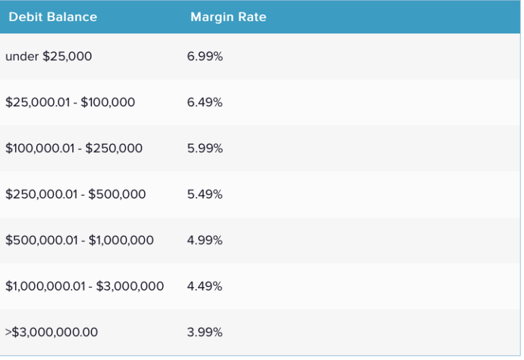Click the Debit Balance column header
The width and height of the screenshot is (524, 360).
pyautogui.click(x=53, y=17)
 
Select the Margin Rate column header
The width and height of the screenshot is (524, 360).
pyautogui.click(x=228, y=17)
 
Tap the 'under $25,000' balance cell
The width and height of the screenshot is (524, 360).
pyautogui.click(x=48, y=57)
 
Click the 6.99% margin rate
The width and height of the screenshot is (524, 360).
pyautogui.click(x=205, y=57)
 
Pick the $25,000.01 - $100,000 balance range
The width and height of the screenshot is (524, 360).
pyautogui.click(x=70, y=102)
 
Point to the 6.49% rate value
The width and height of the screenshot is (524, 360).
pyautogui.click(x=205, y=102)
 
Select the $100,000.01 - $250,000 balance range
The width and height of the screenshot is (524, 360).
pyautogui.click(x=74, y=148)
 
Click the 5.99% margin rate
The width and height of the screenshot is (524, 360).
pyautogui.click(x=205, y=148)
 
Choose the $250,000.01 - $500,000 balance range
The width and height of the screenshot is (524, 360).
pyautogui.click(x=76, y=194)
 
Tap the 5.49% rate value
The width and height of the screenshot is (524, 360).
pyautogui.click(x=205, y=194)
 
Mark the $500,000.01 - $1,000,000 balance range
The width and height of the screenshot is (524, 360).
pyautogui.click(x=80, y=240)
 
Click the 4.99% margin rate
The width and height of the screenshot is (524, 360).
pyautogui.click(x=205, y=240)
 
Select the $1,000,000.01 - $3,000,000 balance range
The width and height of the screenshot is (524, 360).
pyautogui.click(x=85, y=286)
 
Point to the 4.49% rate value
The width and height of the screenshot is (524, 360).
pyautogui.click(x=205, y=286)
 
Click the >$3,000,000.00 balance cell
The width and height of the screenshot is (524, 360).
pyautogui.click(x=52, y=332)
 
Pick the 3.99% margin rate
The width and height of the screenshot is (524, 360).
pyautogui.click(x=205, y=332)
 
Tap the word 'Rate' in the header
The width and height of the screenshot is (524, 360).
pyautogui.click(x=252, y=17)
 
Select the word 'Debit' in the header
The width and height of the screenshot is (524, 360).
pyautogui.click(x=25, y=17)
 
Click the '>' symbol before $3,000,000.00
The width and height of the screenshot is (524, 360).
pyautogui.click(x=9, y=332)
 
